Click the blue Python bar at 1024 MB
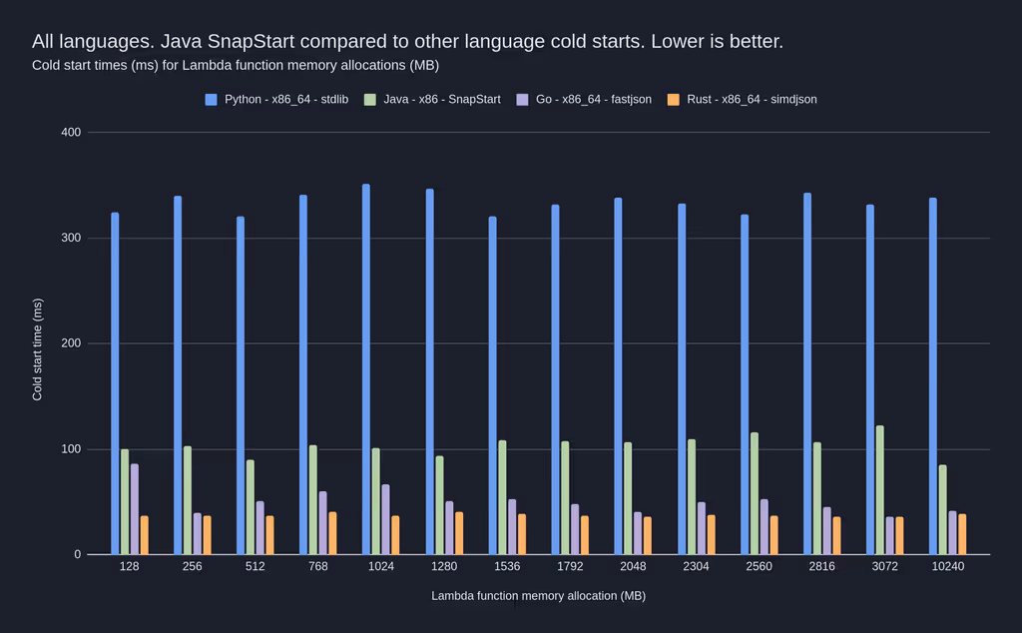click(x=366, y=369)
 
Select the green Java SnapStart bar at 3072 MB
click(x=879, y=490)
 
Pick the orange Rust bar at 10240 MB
click(x=962, y=534)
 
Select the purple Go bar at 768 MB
click(x=323, y=522)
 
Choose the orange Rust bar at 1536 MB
click(x=522, y=534)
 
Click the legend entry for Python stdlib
click(x=276, y=100)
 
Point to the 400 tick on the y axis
click(x=70, y=133)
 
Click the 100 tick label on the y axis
click(x=70, y=449)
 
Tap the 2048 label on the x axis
click(x=633, y=566)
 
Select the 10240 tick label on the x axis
click(x=947, y=566)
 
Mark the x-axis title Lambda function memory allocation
click(x=538, y=596)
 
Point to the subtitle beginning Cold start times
click(x=236, y=66)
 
